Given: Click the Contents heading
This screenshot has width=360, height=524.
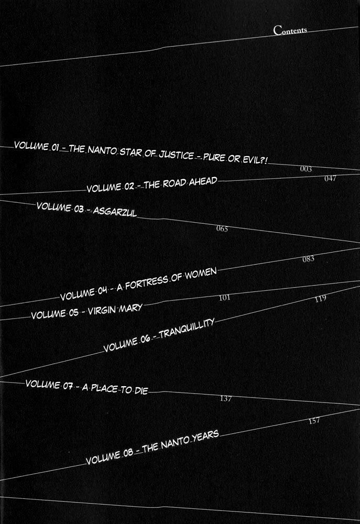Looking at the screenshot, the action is click(x=290, y=30).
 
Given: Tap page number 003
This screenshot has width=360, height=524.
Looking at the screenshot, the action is click(x=306, y=169).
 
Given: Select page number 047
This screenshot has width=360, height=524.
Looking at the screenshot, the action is click(x=330, y=179).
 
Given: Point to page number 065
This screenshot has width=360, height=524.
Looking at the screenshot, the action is click(x=222, y=229).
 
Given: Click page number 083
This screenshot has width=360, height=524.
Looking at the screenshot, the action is click(x=308, y=259).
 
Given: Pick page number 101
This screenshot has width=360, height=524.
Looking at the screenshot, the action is click(x=224, y=298).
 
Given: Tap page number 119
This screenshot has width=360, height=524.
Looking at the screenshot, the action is click(x=320, y=299).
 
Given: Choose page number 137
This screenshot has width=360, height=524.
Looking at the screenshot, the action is click(x=226, y=398).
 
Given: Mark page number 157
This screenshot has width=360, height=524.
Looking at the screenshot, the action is click(x=314, y=421).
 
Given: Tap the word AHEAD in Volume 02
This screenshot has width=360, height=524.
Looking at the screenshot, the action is click(x=203, y=182).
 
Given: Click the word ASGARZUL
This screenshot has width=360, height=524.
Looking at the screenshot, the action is click(x=115, y=211).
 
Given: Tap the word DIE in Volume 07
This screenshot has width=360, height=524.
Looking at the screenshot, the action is click(x=141, y=390).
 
